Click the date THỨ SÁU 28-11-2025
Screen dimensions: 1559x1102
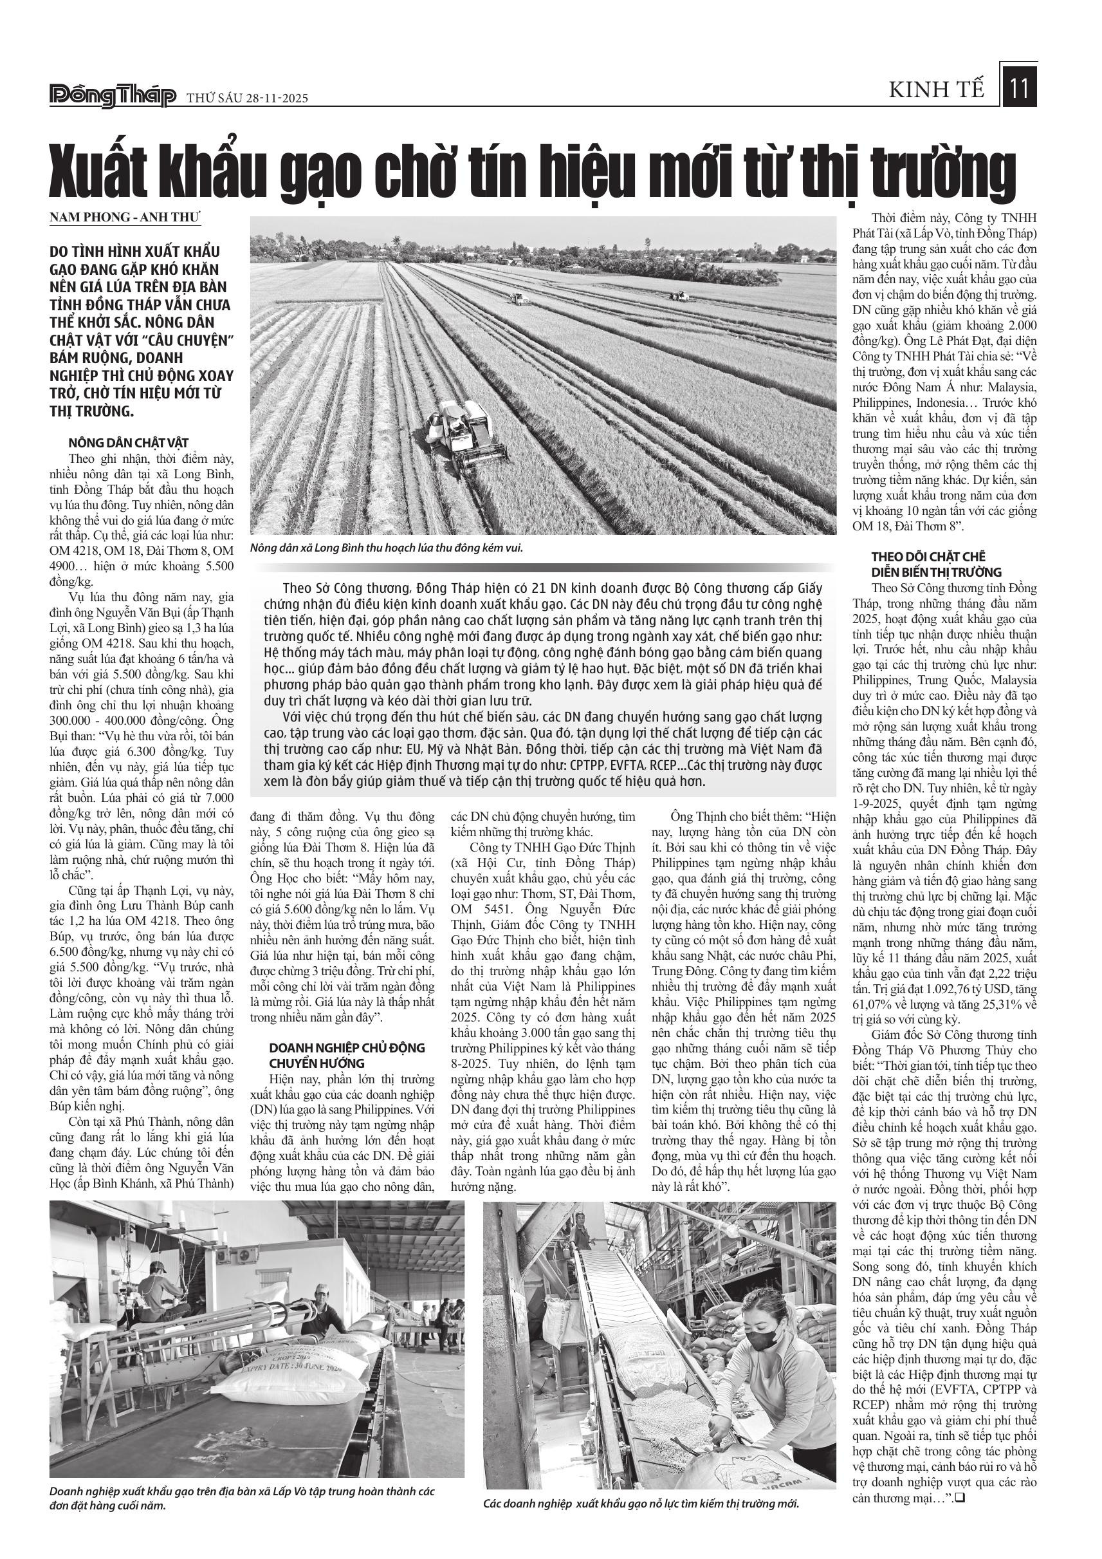click(247, 98)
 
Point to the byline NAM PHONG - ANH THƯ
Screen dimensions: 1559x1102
click(126, 218)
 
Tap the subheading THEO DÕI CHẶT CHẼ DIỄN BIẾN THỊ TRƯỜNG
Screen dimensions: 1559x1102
click(936, 565)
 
